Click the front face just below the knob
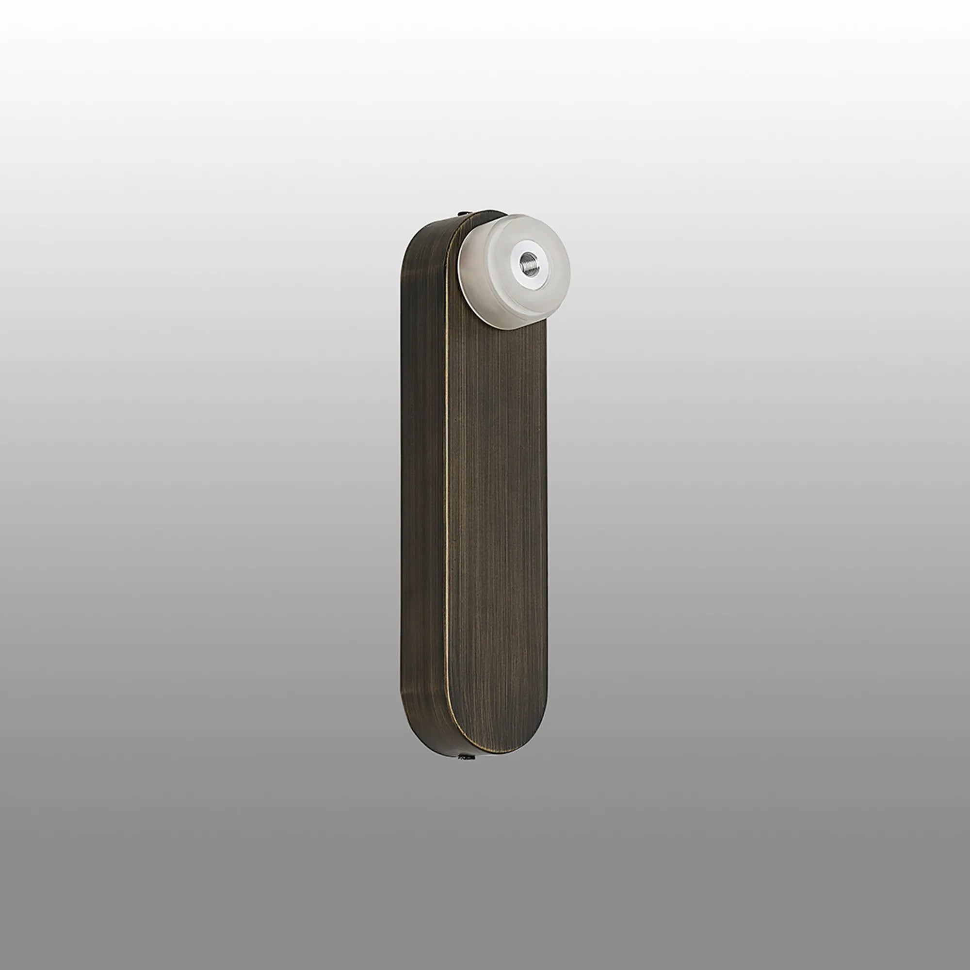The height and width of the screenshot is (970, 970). click(507, 352)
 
